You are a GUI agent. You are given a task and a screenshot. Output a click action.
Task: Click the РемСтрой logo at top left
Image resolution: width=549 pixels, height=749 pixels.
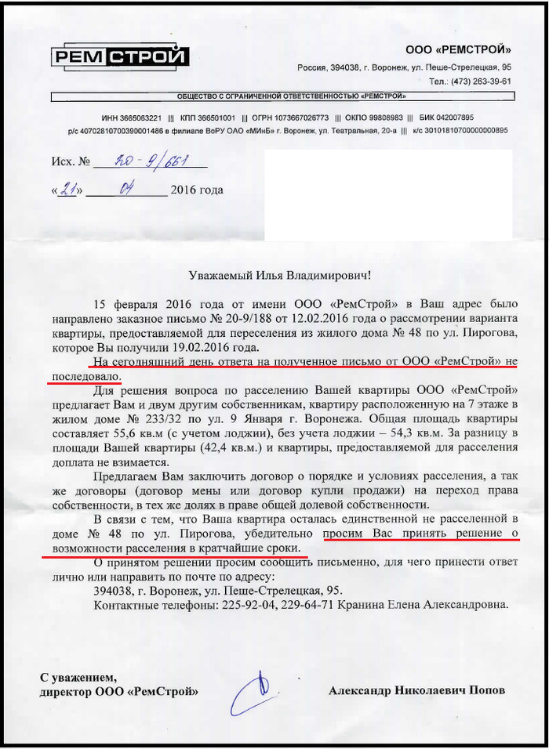click(121, 56)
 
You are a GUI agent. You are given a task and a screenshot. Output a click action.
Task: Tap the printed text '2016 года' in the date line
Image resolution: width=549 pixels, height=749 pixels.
click(196, 190)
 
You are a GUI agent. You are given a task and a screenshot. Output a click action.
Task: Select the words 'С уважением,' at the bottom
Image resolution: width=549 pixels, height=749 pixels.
click(78, 677)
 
